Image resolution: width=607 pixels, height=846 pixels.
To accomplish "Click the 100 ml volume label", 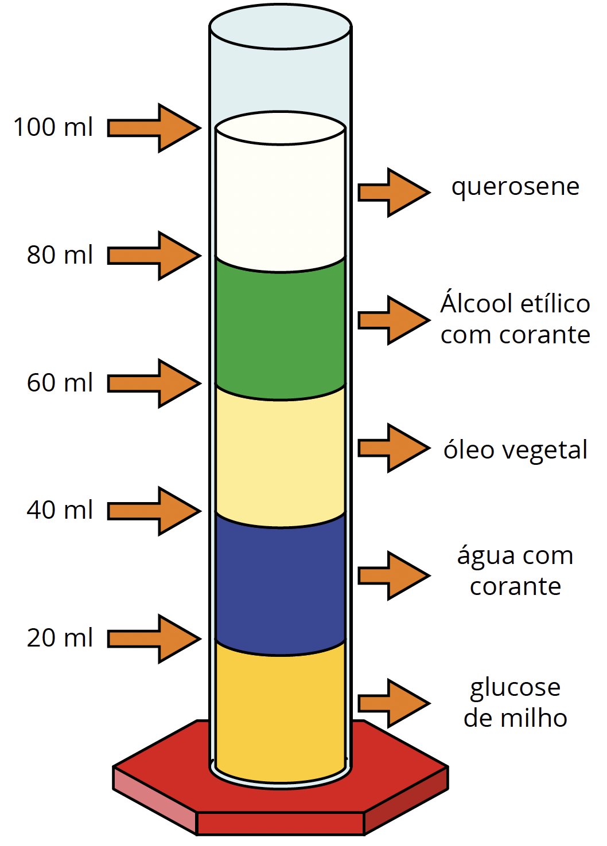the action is (x=53, y=127).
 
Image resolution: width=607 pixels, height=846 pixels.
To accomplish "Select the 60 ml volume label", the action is (x=60, y=382).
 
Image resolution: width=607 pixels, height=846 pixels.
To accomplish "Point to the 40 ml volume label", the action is (x=60, y=510).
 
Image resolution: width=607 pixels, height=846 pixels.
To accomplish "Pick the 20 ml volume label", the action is (x=60, y=637).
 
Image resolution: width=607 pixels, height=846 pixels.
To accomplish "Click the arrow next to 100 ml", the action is (x=153, y=128).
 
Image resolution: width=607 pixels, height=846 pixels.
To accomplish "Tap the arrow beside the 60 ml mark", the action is (x=153, y=383).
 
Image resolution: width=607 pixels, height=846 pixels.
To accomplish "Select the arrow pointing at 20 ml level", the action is (x=153, y=639).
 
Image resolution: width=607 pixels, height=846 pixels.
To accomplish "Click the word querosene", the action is (x=515, y=187).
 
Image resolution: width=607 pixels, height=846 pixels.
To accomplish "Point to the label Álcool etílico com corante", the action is (x=515, y=319).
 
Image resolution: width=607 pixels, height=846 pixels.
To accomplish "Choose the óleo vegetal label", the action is (x=515, y=449).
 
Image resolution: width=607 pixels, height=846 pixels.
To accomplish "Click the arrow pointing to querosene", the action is (x=394, y=192).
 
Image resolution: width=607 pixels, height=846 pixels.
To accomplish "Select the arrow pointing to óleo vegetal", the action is (x=394, y=448).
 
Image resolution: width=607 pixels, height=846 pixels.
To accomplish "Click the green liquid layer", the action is (x=281, y=328).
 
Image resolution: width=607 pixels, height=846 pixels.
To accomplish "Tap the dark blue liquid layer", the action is (x=281, y=584).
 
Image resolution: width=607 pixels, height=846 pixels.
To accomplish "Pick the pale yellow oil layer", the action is (x=281, y=456).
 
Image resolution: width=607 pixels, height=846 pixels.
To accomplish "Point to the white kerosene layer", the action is (x=281, y=200).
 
